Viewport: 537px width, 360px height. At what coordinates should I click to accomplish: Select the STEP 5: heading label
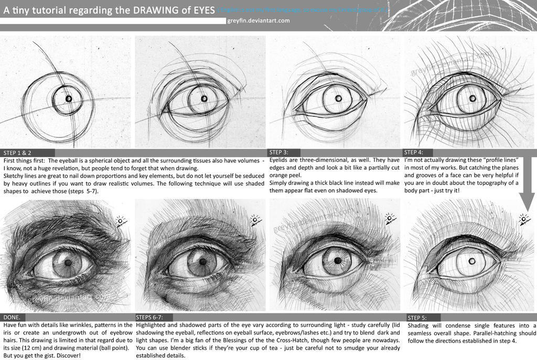coord(417,317)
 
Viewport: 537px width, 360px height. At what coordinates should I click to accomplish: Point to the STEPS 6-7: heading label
coord(149,317)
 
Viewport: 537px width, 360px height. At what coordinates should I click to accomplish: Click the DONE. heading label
coord(12,317)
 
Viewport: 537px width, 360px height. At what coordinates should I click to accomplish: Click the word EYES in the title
coord(202,9)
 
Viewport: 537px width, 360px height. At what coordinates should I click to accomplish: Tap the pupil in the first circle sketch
coord(69,99)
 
